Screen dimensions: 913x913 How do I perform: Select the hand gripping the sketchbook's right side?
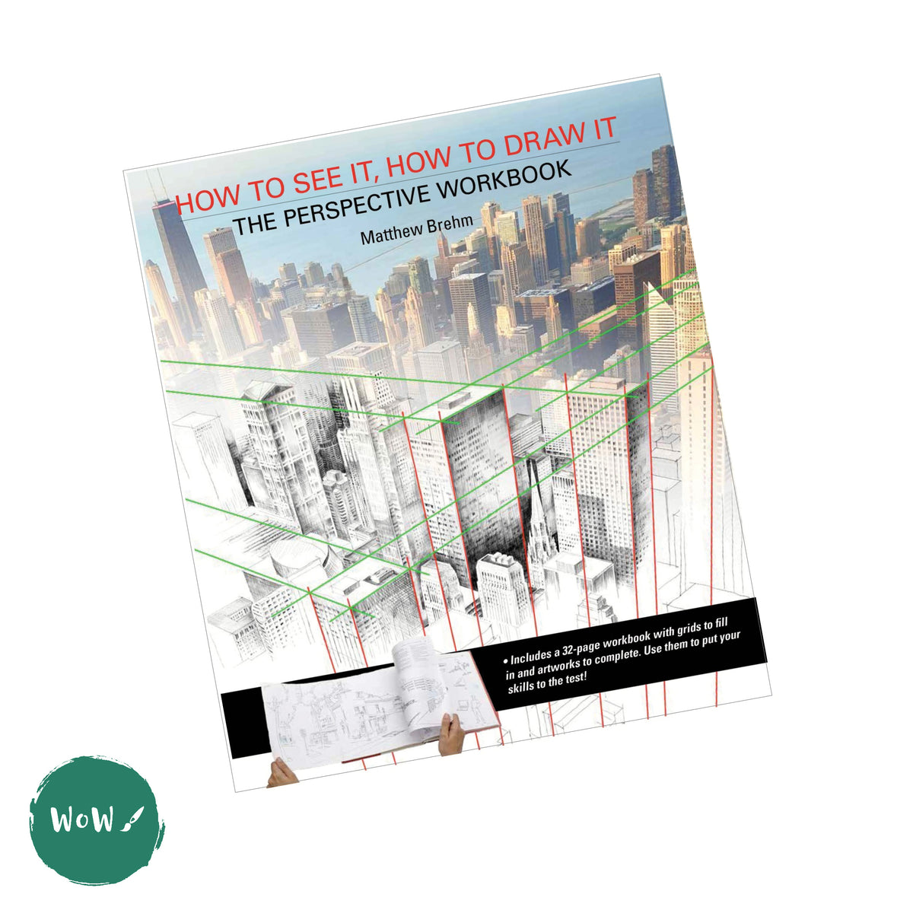451,732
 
